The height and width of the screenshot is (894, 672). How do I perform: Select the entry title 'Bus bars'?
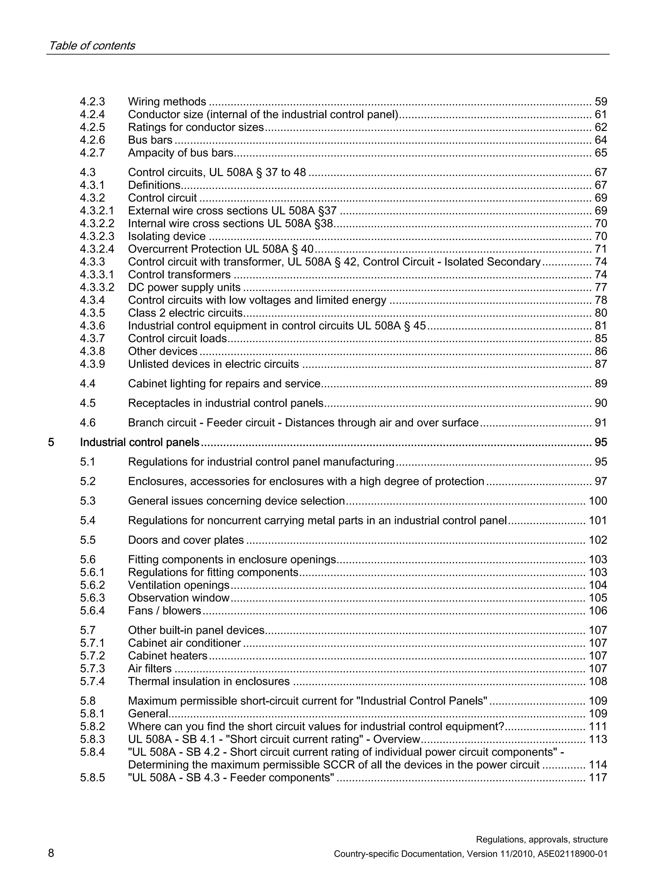pyautogui.click(x=150, y=140)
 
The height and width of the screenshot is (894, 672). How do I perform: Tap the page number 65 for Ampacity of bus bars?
pyautogui.click(x=600, y=153)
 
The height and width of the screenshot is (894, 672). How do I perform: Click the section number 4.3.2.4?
pyautogui.click(x=97, y=249)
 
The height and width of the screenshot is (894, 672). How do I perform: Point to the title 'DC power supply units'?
pyautogui.click(x=184, y=287)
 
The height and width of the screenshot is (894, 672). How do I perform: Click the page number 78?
pyautogui.click(x=600, y=300)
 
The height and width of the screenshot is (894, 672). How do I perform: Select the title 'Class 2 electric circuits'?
pyautogui.click(x=185, y=313)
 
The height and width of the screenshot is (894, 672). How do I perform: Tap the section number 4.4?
pyautogui.click(x=88, y=384)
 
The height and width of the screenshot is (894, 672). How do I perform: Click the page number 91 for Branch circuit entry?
pyautogui.click(x=600, y=423)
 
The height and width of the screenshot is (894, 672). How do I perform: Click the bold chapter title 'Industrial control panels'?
pyautogui.click(x=139, y=442)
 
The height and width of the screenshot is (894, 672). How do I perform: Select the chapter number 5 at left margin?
pyautogui.click(x=51, y=442)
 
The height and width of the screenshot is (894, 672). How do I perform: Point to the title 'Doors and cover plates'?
pyautogui.click(x=186, y=540)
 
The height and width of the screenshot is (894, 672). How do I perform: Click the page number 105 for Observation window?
pyautogui.click(x=598, y=598)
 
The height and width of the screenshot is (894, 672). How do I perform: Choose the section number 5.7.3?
pyautogui.click(x=92, y=669)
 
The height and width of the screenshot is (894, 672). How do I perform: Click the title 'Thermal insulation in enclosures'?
pyautogui.click(x=209, y=682)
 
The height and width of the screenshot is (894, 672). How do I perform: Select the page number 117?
pyautogui.click(x=598, y=778)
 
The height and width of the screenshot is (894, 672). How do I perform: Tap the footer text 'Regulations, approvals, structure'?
pyautogui.click(x=541, y=840)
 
